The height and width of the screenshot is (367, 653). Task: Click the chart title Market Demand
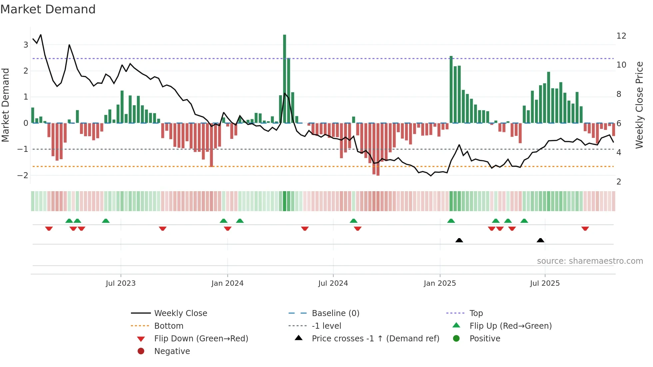point(48,9)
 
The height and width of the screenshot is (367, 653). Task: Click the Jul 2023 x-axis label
point(121,283)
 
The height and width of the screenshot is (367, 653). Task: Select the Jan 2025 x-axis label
point(440,283)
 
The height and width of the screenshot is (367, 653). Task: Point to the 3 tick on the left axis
point(26,45)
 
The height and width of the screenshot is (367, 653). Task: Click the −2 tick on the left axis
point(23,175)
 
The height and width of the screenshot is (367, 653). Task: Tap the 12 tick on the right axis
point(621,36)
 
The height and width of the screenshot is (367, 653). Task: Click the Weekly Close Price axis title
point(639,105)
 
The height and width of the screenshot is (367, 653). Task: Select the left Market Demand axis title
point(5,105)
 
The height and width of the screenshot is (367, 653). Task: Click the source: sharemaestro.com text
point(590,261)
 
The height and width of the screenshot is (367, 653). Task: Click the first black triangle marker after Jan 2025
point(459,240)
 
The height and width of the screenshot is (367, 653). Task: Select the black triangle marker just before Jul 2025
point(540,240)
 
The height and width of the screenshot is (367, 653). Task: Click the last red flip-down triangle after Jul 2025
point(585,228)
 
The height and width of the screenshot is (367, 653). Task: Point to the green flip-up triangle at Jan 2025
point(451,221)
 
